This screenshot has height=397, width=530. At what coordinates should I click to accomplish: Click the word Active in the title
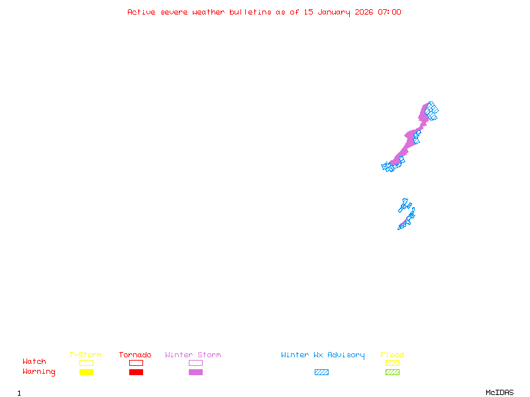click(x=141, y=12)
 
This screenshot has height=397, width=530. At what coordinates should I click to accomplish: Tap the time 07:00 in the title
click(x=389, y=12)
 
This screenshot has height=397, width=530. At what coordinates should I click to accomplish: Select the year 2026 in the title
click(x=364, y=12)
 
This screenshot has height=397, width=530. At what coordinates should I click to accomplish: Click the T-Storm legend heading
click(x=85, y=355)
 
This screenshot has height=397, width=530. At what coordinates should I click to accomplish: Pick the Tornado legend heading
click(x=135, y=355)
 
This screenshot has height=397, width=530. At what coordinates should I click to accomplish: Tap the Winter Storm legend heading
click(x=193, y=355)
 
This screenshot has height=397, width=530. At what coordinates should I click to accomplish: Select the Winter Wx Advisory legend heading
click(x=323, y=355)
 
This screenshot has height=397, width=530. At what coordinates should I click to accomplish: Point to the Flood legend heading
click(x=392, y=355)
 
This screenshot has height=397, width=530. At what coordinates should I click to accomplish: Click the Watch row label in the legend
click(x=34, y=362)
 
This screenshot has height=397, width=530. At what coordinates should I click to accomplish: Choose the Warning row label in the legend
click(x=39, y=372)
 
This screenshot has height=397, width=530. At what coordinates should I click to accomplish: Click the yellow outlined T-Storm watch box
click(x=86, y=363)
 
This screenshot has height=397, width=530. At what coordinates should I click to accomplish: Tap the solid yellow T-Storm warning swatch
click(x=86, y=372)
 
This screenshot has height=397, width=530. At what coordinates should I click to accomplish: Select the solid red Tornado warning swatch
click(x=136, y=372)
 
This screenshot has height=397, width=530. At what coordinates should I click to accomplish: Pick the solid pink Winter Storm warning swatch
click(x=195, y=372)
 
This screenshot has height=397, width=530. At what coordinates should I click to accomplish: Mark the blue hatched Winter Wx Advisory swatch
click(x=321, y=372)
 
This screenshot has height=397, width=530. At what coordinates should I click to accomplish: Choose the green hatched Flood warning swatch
click(x=392, y=372)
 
